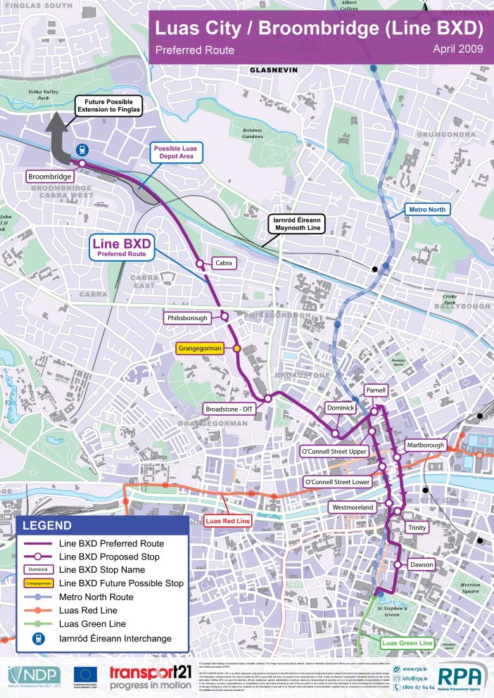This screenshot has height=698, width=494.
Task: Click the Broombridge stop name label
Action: [x=49, y=175]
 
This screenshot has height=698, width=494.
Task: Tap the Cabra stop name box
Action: [x=222, y=264]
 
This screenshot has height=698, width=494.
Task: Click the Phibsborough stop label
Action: [x=189, y=318]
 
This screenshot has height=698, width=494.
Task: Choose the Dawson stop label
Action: [x=421, y=564]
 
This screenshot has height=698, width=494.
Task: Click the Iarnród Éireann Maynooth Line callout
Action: [x=296, y=224]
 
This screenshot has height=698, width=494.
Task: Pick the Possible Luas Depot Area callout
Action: [x=176, y=153]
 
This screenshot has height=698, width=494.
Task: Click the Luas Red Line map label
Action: [x=227, y=521]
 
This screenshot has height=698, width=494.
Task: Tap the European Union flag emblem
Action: [x=84, y=674]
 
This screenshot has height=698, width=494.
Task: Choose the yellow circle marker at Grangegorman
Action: [x=237, y=348]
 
